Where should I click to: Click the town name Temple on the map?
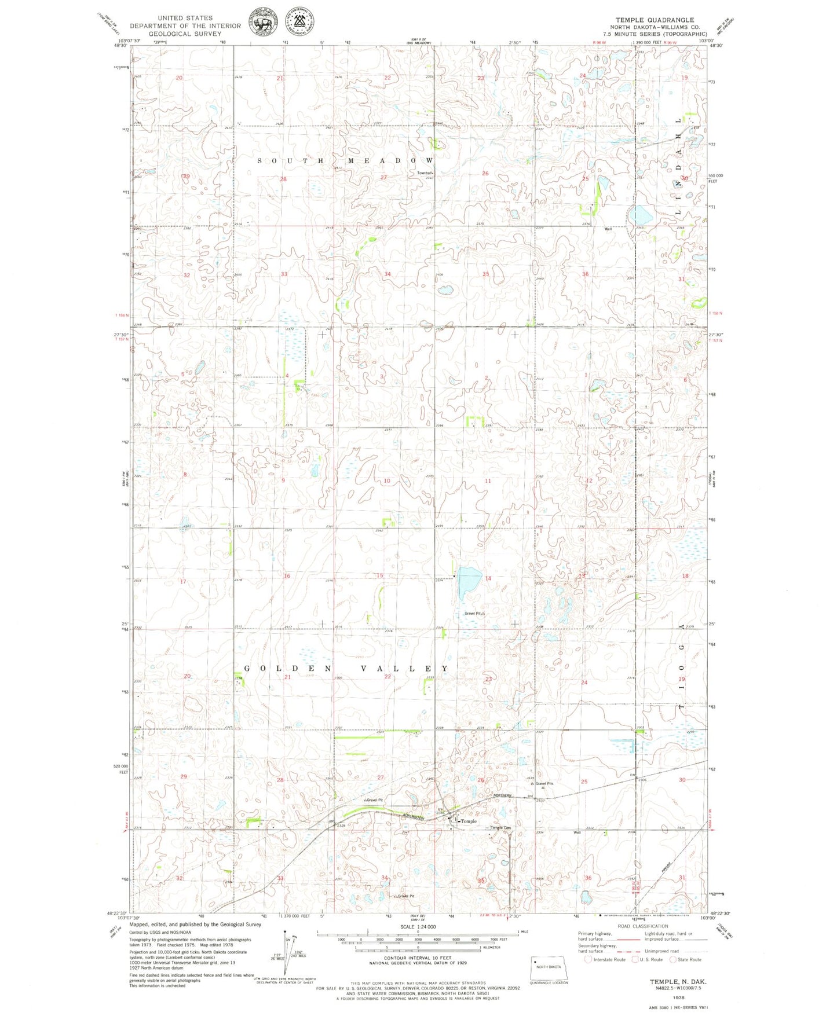coord(469,821)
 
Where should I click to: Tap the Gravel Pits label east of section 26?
coord(544,784)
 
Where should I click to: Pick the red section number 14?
coord(488,578)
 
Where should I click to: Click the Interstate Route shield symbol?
coord(588,959)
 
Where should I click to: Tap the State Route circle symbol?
coord(673,959)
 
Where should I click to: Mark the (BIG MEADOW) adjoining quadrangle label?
coord(421,43)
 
